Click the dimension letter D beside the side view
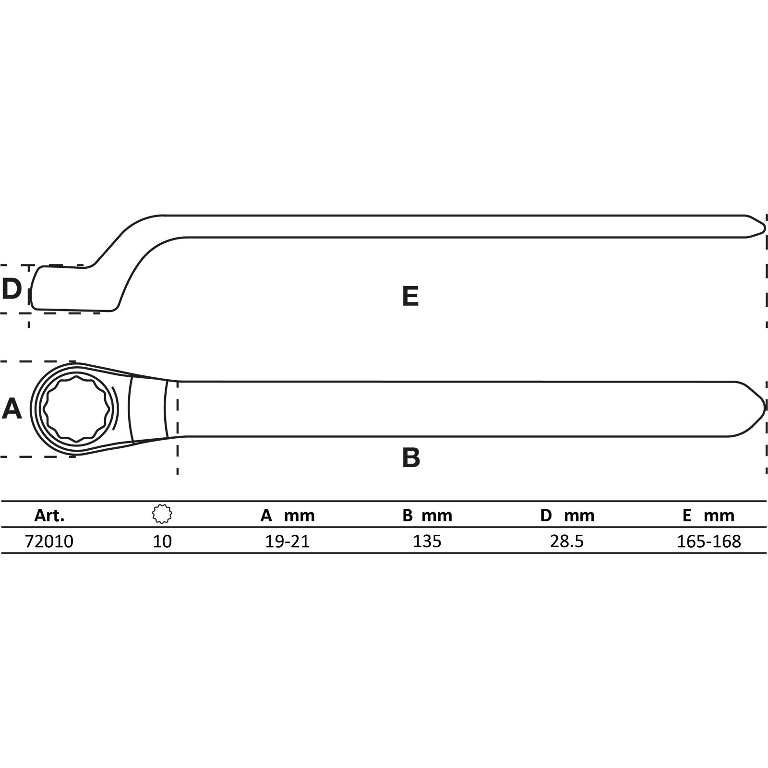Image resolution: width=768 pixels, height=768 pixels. [12, 288]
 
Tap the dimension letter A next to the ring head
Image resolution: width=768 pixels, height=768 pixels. [12, 409]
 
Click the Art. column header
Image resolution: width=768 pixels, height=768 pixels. [49, 516]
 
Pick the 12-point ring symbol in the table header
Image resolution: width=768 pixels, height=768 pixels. [162, 514]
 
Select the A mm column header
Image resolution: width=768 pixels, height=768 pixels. [288, 516]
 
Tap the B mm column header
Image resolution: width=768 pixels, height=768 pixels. [427, 516]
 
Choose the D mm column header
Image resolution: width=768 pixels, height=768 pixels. [567, 516]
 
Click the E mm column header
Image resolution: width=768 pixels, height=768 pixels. [708, 516]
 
